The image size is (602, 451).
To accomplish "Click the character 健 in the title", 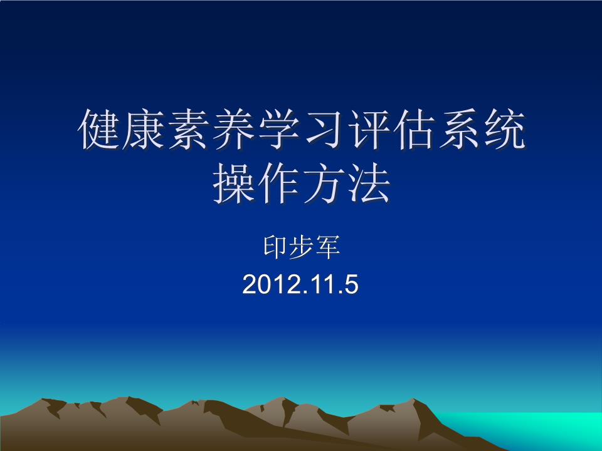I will [99, 130].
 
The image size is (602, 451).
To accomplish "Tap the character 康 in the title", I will [144, 130].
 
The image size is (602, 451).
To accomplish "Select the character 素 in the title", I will [189, 130].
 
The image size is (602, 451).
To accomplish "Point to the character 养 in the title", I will [233, 130].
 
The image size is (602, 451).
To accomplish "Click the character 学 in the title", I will [278, 130].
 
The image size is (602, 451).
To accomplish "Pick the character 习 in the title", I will [323, 130].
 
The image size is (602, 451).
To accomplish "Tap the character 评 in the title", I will [368, 130].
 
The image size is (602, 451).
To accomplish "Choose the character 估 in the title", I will [413, 130].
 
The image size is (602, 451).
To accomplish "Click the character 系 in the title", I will [458, 130].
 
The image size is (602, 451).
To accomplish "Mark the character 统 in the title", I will [502, 130].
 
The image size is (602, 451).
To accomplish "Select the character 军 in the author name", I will [327, 248].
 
